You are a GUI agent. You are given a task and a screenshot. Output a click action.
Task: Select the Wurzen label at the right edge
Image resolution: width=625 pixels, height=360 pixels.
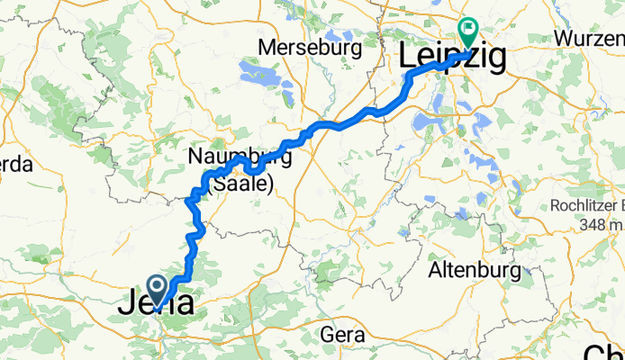pyautogui.click(x=590, y=39)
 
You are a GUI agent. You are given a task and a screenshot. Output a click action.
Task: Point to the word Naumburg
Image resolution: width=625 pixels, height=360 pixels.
pyautogui.click(x=240, y=157)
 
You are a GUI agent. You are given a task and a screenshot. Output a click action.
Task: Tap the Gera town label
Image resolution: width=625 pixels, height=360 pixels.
pyautogui.click(x=343, y=335)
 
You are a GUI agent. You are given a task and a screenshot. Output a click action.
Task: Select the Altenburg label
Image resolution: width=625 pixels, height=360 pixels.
pyautogui.click(x=476, y=270)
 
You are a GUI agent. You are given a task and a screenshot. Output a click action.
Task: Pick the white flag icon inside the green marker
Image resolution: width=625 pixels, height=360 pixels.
pyautogui.click(x=468, y=28)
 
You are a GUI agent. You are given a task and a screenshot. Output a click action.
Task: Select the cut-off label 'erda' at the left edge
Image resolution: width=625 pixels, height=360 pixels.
pyautogui.click(x=15, y=165)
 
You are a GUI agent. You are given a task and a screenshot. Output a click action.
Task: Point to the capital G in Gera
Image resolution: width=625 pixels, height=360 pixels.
pyautogui.click(x=329, y=335)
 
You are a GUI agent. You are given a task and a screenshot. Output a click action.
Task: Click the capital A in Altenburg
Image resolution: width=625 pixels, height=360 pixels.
pyautogui.click(x=435, y=270)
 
